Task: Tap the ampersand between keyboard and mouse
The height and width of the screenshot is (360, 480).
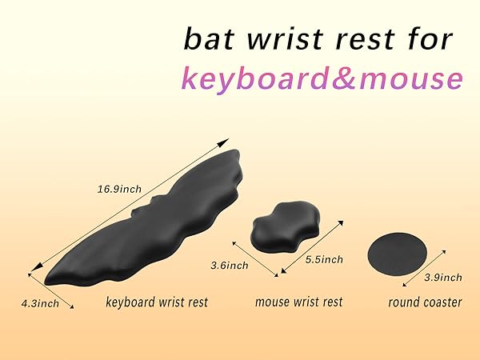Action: coord(346,78)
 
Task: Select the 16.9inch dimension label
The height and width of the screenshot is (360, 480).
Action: coord(119,190)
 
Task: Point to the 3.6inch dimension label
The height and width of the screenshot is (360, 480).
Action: coord(229,265)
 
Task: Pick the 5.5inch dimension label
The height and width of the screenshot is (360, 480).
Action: coord(324,259)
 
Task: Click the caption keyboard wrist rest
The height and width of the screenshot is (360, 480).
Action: coord(157,302)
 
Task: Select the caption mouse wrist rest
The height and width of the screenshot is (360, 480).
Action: coord(298,302)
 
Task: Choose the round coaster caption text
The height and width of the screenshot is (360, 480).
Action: coord(425,302)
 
